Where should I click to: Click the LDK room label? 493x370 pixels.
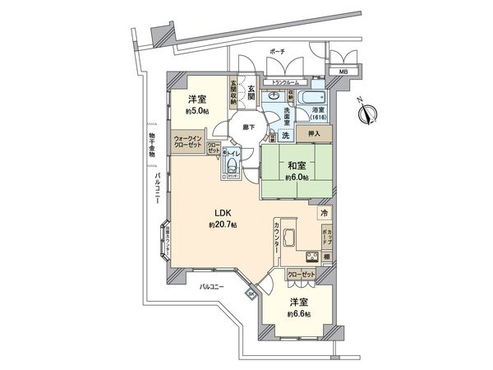(x=222, y=212)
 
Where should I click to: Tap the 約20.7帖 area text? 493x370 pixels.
(x=222, y=224)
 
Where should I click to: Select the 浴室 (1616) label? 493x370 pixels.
(x=317, y=113)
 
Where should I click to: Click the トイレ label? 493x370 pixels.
(x=233, y=152)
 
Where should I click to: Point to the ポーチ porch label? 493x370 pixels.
(x=277, y=51)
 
